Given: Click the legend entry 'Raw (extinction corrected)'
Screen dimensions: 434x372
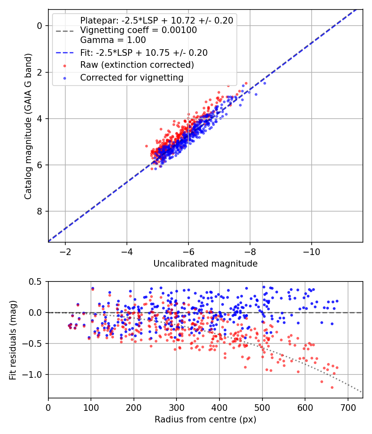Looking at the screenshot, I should click(x=137, y=65).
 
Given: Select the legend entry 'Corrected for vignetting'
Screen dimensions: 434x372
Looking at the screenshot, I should click(x=131, y=77).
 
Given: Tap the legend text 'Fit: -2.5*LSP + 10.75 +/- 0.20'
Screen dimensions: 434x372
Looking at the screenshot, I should click(x=144, y=53).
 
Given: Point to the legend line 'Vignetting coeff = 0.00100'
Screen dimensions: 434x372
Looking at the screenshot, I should click(x=138, y=30).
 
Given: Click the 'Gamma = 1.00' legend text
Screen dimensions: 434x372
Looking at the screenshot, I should click(x=113, y=41).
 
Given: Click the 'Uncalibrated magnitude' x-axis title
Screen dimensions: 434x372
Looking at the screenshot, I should click(x=205, y=264).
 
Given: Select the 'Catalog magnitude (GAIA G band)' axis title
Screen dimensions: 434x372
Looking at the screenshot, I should click(x=28, y=125).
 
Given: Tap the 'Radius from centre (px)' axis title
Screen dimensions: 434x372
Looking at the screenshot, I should click(x=205, y=420).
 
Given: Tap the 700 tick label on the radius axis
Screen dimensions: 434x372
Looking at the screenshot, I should click(x=348, y=408).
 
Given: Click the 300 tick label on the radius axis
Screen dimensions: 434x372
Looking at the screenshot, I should click(x=176, y=408).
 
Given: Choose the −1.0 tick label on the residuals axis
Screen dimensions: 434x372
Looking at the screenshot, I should click(x=33, y=375).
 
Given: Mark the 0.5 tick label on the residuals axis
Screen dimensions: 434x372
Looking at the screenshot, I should click(x=36, y=282).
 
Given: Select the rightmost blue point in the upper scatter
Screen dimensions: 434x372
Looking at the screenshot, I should click(x=265, y=83).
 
